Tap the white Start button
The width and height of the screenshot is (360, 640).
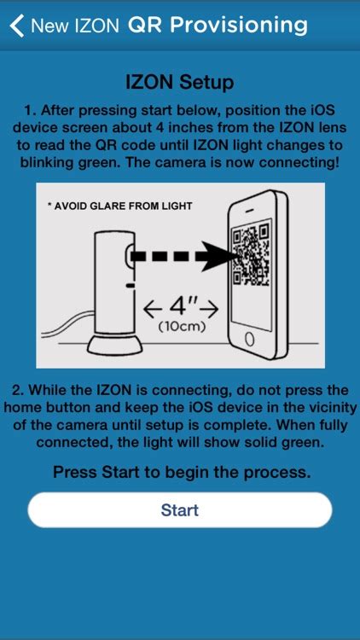(x=180, y=509)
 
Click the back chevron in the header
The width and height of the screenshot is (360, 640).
(x=17, y=26)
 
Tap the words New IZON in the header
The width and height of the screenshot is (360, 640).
(x=75, y=26)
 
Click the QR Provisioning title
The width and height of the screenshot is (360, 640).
(x=218, y=26)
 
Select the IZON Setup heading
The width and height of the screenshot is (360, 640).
(x=180, y=82)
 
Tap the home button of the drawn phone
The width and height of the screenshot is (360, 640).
(x=250, y=339)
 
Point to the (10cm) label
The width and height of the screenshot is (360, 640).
(x=181, y=328)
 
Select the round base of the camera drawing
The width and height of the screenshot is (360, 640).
(x=115, y=345)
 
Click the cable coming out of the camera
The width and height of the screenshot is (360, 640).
(x=67, y=327)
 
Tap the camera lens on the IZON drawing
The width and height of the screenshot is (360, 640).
(x=128, y=257)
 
